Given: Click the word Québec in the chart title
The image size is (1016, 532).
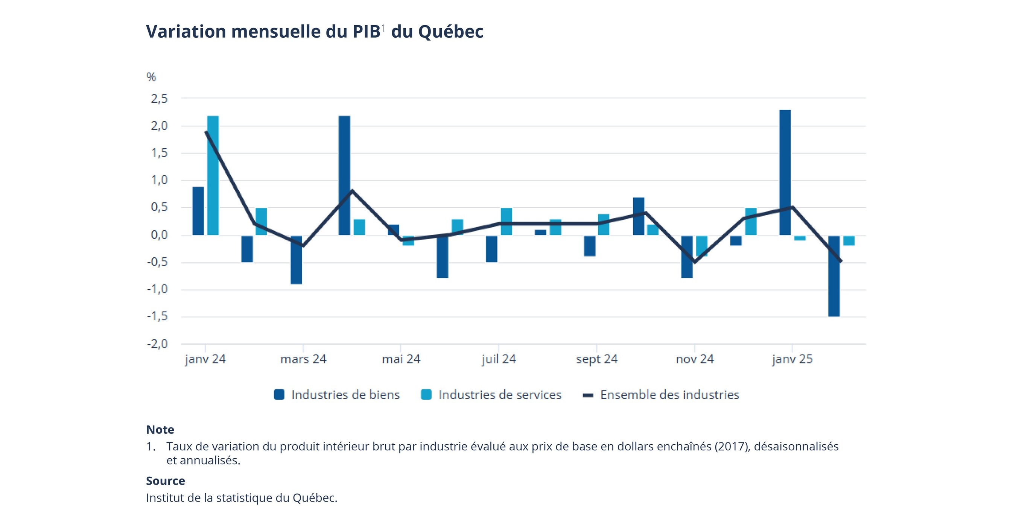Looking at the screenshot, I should tap(450, 32).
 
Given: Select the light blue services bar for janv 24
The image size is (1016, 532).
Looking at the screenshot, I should tap(213, 175).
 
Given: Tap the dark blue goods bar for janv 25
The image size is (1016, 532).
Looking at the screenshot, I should tap(785, 172).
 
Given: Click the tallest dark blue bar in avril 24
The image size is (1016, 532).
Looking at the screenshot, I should tap(344, 175).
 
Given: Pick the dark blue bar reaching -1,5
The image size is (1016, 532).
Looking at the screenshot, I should tap(834, 276).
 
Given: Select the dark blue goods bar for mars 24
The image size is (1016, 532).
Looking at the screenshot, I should tap(296, 260).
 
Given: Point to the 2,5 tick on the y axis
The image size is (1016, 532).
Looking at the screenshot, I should tap(159, 99).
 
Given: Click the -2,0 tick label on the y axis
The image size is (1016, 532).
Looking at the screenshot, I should tap(157, 344).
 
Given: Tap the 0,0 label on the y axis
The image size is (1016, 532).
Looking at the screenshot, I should tap(159, 235).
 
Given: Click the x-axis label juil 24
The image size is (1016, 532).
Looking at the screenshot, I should tap(499, 359).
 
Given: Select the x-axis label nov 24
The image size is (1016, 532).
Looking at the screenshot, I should tap(695, 359).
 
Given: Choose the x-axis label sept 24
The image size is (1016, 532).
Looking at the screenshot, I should tap(596, 359).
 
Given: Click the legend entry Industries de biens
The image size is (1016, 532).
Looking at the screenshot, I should tap(345, 395).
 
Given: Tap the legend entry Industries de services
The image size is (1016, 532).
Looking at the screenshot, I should tap(499, 395).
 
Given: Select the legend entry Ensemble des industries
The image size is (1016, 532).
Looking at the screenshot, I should tap(669, 395).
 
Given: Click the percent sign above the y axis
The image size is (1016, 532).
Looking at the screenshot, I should tap(151, 77).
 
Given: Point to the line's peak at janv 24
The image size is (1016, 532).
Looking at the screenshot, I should tap(206, 132).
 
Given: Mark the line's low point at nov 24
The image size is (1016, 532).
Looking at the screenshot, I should tap(694, 262).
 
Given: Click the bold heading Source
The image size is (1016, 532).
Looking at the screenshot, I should tap(165, 481).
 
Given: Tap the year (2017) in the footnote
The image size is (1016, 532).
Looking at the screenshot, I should tap(732, 447).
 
